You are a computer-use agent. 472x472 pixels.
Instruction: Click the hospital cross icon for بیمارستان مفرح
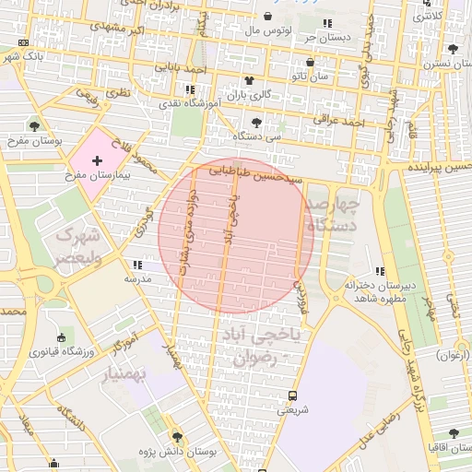click(x=97, y=160)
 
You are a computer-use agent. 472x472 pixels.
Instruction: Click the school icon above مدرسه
click(x=137, y=265)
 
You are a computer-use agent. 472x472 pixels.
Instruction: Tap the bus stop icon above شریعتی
click(x=292, y=395)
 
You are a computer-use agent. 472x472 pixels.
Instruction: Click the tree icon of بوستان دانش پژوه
click(x=176, y=436)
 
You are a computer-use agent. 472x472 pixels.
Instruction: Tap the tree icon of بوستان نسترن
click(x=452, y=50)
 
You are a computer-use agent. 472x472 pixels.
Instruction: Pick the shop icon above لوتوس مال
click(x=267, y=17)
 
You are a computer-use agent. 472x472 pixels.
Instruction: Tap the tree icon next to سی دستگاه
click(x=255, y=122)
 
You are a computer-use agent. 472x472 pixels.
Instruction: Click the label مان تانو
click(x=310, y=76)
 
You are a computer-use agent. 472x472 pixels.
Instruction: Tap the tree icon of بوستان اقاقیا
click(x=452, y=432)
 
